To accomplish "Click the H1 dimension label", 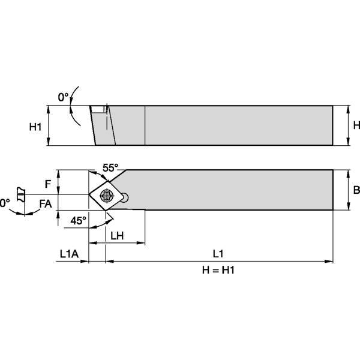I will pos(35,127).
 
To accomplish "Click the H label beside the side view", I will pos(356,125).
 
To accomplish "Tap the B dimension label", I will pos(356,190).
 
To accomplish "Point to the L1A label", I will pos(69,253).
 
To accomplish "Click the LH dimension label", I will pos(117,236).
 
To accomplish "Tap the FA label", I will pos(45,204).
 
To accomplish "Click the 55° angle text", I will pos(110,169).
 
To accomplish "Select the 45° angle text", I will pos(79,220).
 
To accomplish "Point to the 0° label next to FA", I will pos(5,204).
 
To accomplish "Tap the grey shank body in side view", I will pos(240,125).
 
